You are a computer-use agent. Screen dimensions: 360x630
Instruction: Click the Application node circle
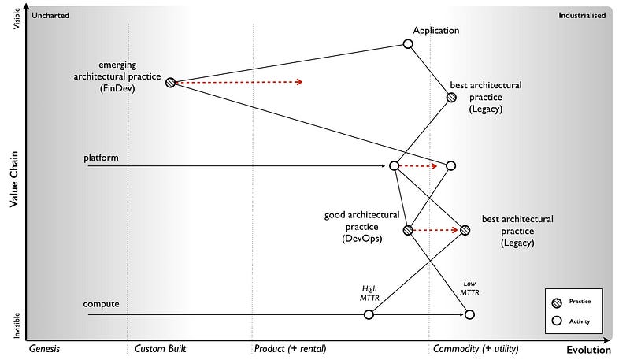pos(408,44)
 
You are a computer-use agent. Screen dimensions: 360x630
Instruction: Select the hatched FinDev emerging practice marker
pos(170,82)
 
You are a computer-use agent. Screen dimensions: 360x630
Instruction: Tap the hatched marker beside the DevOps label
pos(408,230)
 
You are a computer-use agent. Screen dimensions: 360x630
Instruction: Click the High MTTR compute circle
pos(369,314)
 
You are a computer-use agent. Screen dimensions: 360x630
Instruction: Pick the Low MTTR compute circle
pos(469,314)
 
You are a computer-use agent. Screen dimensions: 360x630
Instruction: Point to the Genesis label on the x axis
pos(45,348)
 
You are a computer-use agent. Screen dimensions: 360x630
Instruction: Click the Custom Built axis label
pos(161,348)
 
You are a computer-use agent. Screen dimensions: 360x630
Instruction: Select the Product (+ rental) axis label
pos(290,348)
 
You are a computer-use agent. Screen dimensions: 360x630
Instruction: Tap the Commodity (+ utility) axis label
pos(475,348)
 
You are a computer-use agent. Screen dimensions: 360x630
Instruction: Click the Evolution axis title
pos(588,350)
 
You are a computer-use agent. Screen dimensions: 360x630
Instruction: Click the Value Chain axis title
pos(14,180)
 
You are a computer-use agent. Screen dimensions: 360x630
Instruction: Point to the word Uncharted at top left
pos(49,15)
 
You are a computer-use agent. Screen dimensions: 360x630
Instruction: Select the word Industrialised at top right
pos(582,15)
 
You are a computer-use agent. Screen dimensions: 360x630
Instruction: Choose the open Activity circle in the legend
pos(558,321)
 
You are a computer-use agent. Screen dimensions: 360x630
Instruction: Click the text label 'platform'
pos(101,158)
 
